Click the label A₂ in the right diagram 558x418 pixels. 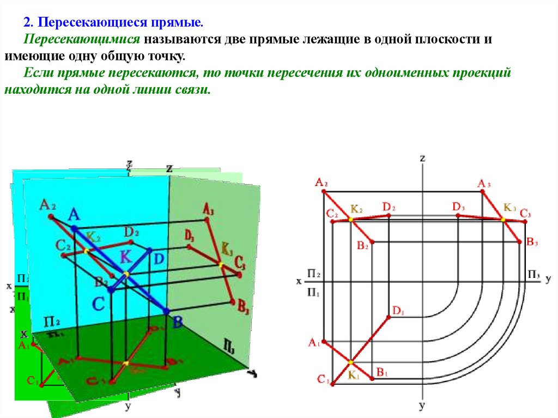[x=321, y=183]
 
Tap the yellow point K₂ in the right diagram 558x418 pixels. [x=350, y=220]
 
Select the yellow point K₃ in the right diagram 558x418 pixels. [x=503, y=219]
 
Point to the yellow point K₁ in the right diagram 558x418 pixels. [x=350, y=362]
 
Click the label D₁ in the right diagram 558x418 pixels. [x=397, y=311]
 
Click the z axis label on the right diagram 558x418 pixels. [x=422, y=158]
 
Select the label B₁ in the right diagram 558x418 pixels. [x=381, y=373]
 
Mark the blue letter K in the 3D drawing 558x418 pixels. [x=126, y=255]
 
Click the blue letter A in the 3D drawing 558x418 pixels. [x=74, y=215]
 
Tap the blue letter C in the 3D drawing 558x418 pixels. [x=98, y=304]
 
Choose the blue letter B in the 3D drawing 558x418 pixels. [x=177, y=322]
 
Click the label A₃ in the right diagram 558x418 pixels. [x=484, y=184]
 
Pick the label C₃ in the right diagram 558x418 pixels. [x=525, y=213]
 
